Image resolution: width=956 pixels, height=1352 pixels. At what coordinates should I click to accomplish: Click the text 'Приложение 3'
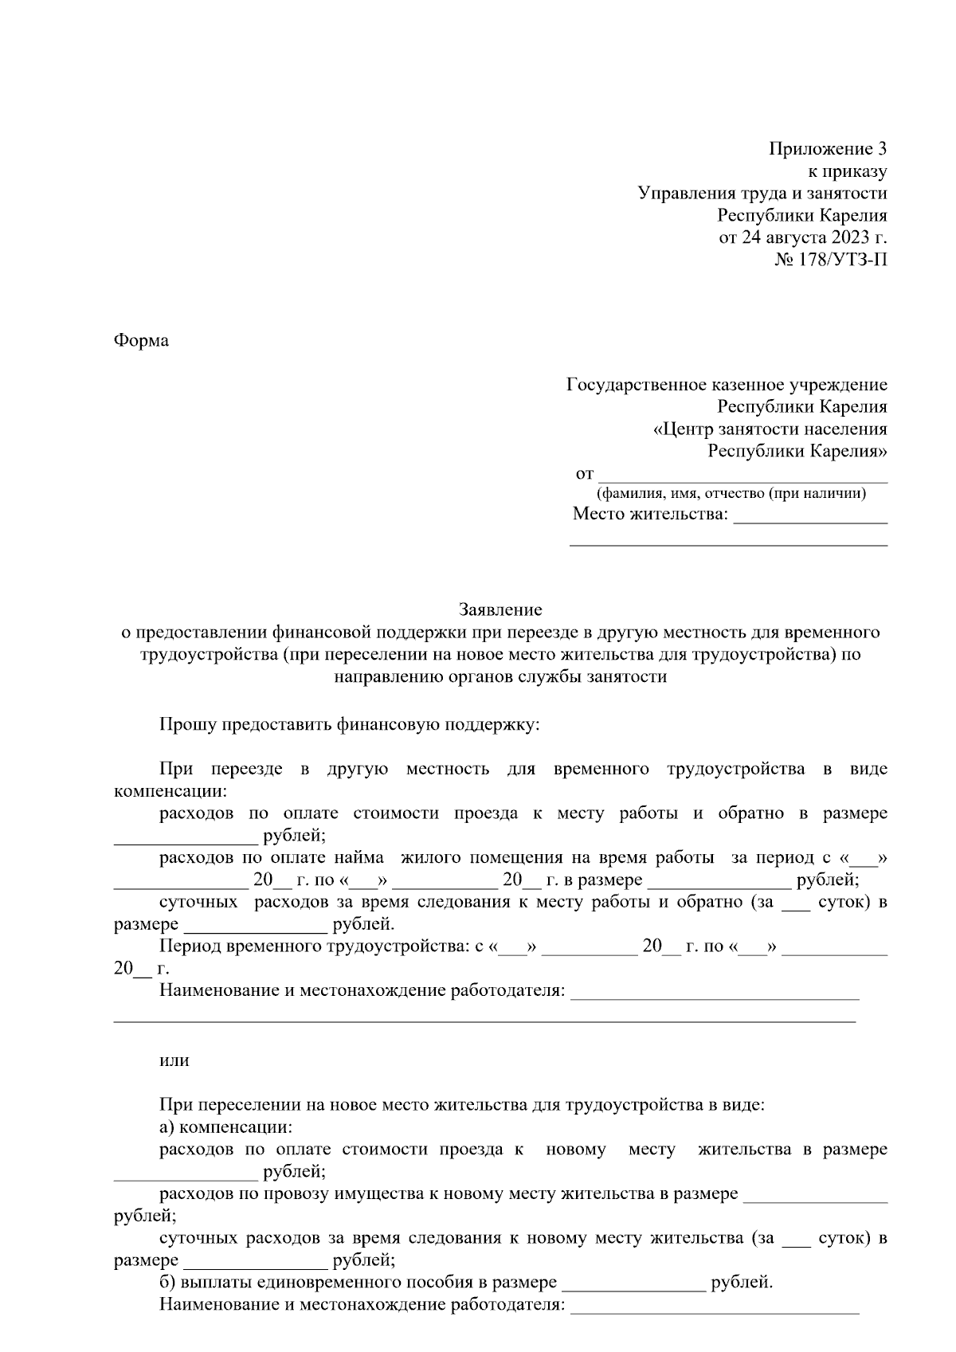click(x=828, y=149)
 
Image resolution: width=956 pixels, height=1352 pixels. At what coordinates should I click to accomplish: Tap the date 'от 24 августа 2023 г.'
click(x=802, y=237)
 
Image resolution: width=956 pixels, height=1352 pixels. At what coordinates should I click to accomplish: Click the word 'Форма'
click(x=141, y=341)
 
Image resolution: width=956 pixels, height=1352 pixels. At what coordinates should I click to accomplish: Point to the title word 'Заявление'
click(x=500, y=610)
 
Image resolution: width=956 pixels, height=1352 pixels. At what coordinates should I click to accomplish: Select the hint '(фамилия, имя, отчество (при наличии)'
click(x=732, y=494)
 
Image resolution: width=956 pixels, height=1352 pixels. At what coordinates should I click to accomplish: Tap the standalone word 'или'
click(x=174, y=1060)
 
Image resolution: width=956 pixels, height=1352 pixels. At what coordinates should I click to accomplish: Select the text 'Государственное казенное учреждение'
click(x=727, y=386)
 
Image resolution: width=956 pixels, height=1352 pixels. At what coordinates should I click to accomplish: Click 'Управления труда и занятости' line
click(x=762, y=193)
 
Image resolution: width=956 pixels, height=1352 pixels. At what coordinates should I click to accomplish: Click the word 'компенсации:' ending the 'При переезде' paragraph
click(x=170, y=792)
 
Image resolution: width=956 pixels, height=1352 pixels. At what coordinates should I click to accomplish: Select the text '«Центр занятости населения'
click(x=770, y=430)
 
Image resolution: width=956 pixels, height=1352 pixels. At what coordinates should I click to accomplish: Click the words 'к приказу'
click(x=848, y=170)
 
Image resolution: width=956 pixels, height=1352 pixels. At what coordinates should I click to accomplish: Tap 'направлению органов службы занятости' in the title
click(x=500, y=677)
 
